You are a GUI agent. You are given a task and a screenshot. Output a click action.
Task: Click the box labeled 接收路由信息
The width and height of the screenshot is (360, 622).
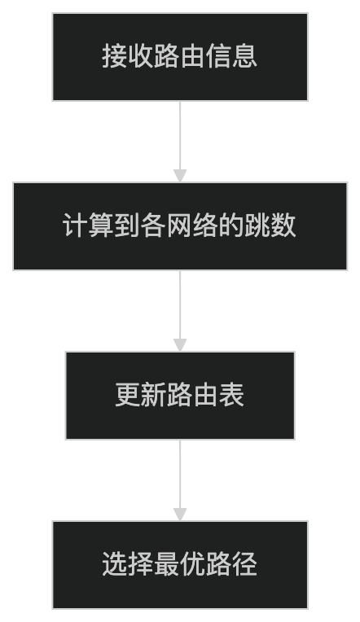(180, 57)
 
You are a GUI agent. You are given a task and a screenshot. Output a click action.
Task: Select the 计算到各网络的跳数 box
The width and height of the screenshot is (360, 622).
(180, 226)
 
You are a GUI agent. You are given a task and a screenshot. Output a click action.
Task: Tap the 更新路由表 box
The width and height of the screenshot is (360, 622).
(180, 396)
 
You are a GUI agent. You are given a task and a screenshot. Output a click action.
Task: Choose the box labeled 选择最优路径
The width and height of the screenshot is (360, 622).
(180, 565)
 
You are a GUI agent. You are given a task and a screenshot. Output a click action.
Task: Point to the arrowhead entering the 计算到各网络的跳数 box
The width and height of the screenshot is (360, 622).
(180, 176)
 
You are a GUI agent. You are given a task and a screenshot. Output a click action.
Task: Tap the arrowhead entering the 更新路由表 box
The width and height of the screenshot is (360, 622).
(180, 345)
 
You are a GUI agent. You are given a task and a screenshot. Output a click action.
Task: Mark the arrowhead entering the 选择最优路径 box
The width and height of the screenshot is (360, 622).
(180, 515)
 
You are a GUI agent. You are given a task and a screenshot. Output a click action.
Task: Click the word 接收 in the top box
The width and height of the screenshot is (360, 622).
(128, 56)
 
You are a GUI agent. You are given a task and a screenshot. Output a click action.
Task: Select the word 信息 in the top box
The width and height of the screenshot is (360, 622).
(231, 56)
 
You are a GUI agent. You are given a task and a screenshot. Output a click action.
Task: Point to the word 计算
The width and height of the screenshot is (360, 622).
(89, 226)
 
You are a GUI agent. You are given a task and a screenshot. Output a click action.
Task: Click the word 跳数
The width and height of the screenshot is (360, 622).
(270, 226)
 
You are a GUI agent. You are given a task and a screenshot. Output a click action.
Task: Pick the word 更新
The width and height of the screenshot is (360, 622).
(141, 395)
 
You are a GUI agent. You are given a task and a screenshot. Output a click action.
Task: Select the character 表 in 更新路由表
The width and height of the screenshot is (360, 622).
(231, 395)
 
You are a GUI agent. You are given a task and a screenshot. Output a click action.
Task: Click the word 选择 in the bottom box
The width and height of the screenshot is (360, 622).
(128, 564)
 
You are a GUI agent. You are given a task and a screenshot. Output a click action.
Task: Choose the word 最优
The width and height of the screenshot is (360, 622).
(180, 564)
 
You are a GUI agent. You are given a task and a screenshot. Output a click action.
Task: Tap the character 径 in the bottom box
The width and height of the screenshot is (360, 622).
(244, 564)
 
